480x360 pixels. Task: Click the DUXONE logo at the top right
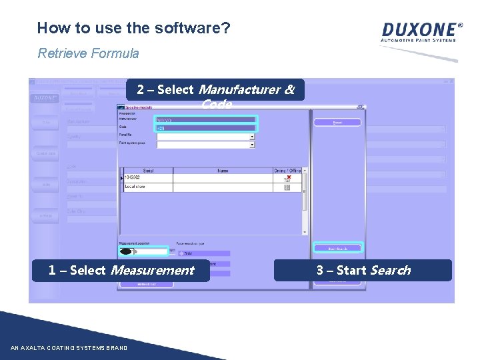click(x=421, y=31)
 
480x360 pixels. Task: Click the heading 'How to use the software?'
click(x=134, y=28)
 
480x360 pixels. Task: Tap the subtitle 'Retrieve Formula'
click(x=88, y=53)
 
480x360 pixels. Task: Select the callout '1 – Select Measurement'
click(x=121, y=270)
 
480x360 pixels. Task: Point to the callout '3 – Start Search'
click(x=363, y=270)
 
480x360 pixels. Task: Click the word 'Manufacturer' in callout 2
click(x=247, y=89)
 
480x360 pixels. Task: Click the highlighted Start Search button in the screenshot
click(x=337, y=249)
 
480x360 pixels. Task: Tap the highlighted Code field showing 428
click(x=205, y=127)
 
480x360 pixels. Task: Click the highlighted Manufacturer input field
click(x=205, y=120)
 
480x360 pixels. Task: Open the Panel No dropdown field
click(x=205, y=136)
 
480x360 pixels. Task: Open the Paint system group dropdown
click(x=205, y=143)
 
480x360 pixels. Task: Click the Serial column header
click(x=148, y=171)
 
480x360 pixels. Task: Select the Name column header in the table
click(x=223, y=171)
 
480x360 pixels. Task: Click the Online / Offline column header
click(x=287, y=171)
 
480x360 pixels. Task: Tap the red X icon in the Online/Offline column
click(x=287, y=179)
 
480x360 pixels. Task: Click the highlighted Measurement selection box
click(x=143, y=251)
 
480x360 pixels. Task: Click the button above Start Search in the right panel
click(x=337, y=123)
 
